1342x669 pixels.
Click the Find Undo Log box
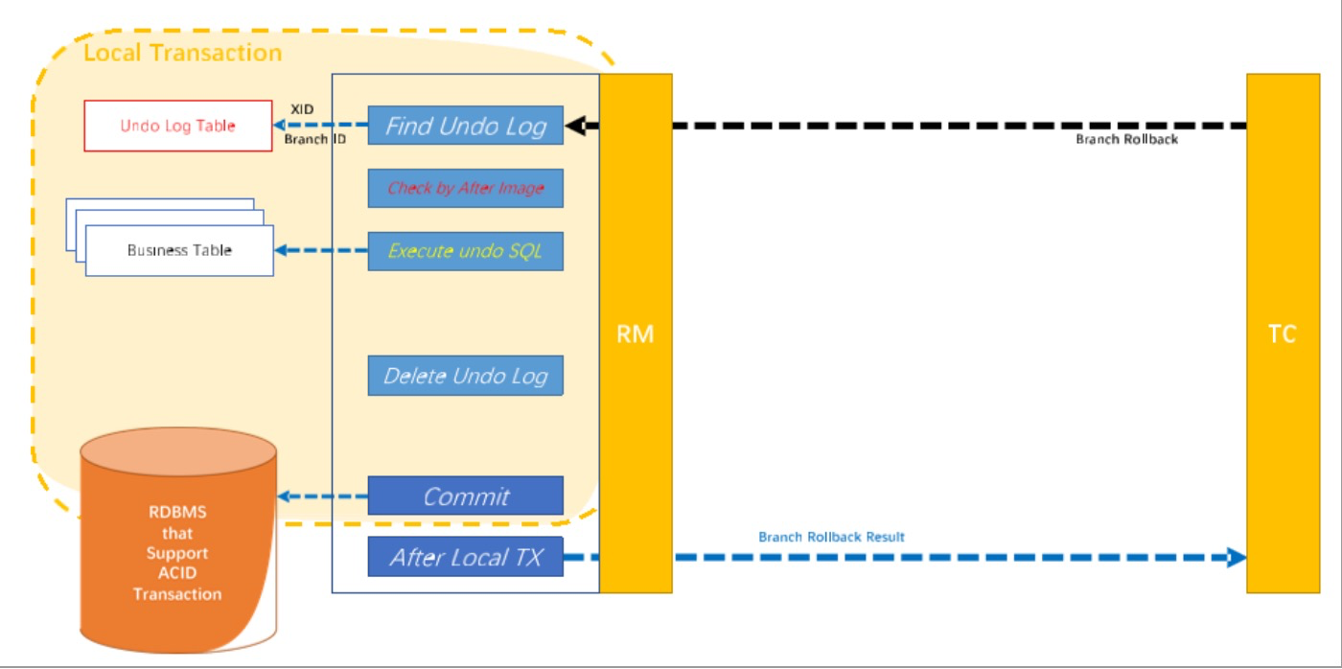pyautogui.click(x=465, y=126)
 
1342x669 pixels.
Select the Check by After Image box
pyautogui.click(x=465, y=188)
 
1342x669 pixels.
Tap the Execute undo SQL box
pyautogui.click(x=465, y=251)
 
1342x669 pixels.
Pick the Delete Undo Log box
pyautogui.click(x=465, y=375)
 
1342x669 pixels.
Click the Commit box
pyautogui.click(x=465, y=496)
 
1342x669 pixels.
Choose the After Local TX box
pyautogui.click(x=465, y=557)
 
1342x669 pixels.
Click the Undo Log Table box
pyautogui.click(x=178, y=126)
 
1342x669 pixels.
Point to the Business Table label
pyautogui.click(x=179, y=250)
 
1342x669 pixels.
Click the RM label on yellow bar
pyautogui.click(x=636, y=334)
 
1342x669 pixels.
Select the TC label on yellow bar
pyautogui.click(x=1282, y=334)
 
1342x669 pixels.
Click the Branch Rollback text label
pyautogui.click(x=1126, y=140)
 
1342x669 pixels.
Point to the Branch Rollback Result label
pyautogui.click(x=831, y=537)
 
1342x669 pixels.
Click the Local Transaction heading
pyautogui.click(x=182, y=53)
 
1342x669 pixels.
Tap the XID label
pyautogui.click(x=302, y=109)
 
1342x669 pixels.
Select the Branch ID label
pyautogui.click(x=314, y=139)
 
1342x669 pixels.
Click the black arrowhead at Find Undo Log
pyautogui.click(x=575, y=126)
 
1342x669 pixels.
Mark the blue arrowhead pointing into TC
pyautogui.click(x=1237, y=557)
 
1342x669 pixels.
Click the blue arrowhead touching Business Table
pyautogui.click(x=282, y=251)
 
